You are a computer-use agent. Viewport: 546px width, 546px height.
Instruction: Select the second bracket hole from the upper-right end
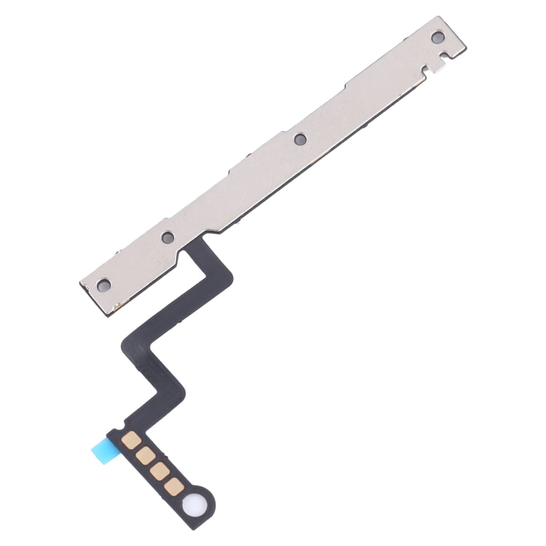click(298, 138)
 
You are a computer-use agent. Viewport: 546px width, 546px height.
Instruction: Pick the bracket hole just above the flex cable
click(167, 237)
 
